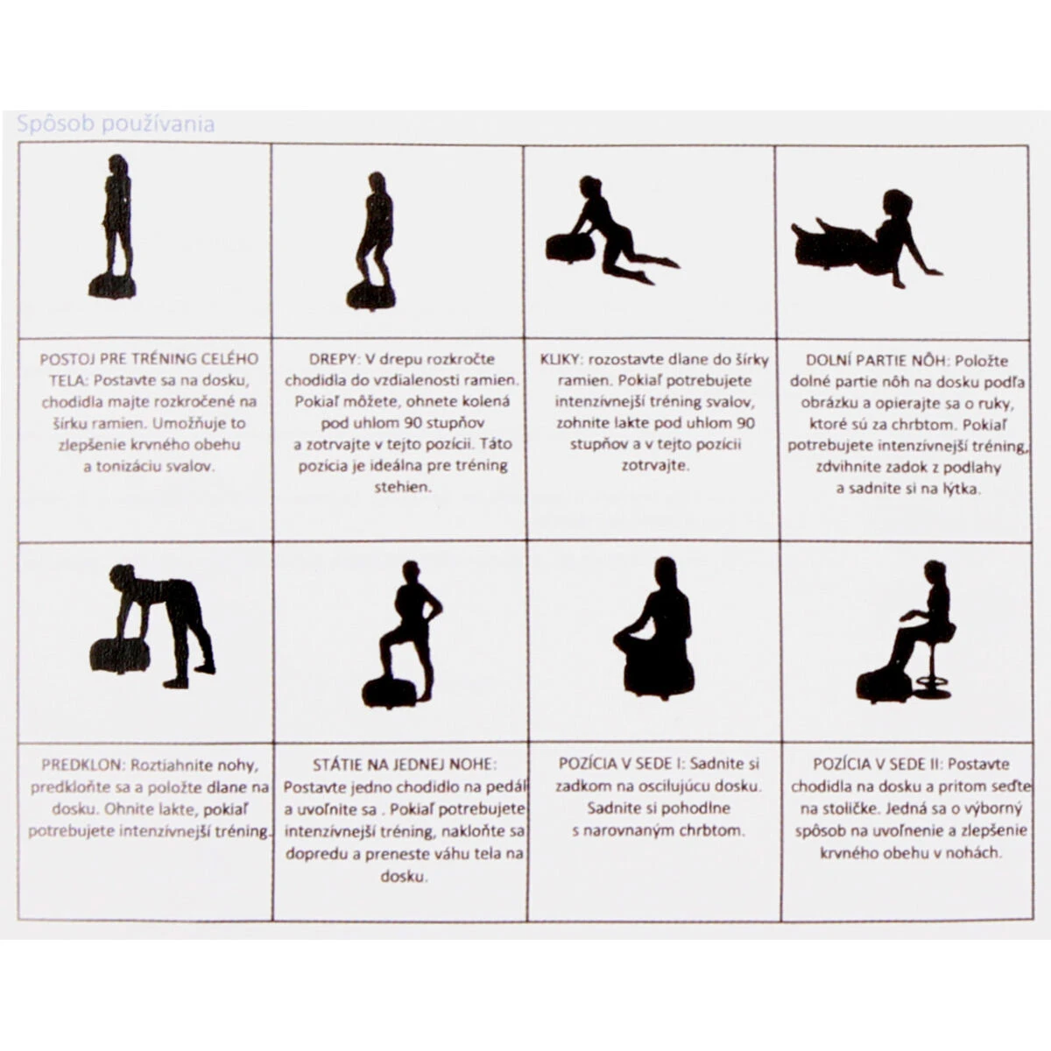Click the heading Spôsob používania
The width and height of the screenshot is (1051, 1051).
116,124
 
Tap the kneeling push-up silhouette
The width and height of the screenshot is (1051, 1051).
612,229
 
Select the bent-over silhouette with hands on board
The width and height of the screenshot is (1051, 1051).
152,626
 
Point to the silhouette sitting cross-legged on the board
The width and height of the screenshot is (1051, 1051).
654,628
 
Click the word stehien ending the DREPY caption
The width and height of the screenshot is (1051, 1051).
403,487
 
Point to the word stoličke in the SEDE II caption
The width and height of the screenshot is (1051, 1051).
840,809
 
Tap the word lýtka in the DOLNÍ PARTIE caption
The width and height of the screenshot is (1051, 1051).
962,489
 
